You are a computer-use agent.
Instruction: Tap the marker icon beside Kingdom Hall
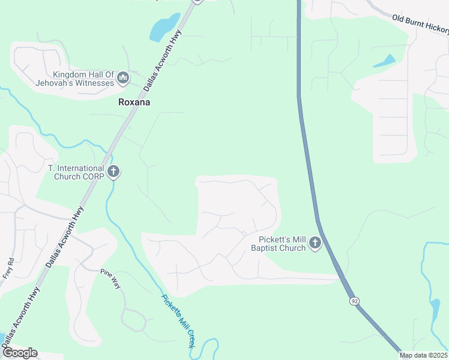pyautogui.click(x=123, y=78)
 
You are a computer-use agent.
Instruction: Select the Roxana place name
pyautogui.click(x=134, y=103)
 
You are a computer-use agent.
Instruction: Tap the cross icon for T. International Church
pyautogui.click(x=113, y=173)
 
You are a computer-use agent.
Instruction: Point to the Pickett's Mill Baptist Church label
pyautogui.click(x=278, y=244)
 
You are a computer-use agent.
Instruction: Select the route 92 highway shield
pyautogui.click(x=354, y=300)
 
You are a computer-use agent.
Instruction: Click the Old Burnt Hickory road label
pyautogui.click(x=420, y=25)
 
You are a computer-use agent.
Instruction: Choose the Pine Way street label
pyautogui.click(x=110, y=279)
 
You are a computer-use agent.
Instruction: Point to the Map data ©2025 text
pyautogui.click(x=424, y=355)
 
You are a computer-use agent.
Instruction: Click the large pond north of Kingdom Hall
pyautogui.click(x=163, y=28)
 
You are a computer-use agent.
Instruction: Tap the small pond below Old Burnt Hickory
pyautogui.click(x=384, y=61)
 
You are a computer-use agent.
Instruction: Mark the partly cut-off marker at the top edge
pyautogui.click(x=197, y=2)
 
